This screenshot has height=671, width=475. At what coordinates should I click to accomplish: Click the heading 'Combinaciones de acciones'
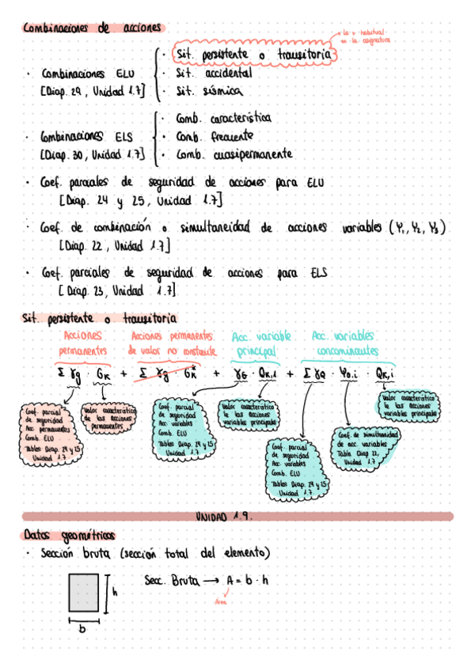[x=93, y=28]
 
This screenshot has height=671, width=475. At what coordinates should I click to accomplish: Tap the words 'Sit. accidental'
[x=215, y=73]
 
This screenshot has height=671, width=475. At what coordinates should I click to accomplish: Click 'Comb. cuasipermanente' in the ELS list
[x=234, y=154]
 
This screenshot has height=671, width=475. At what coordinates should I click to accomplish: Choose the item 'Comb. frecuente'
[x=215, y=136]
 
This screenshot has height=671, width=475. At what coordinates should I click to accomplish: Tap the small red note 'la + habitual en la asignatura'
[x=366, y=36]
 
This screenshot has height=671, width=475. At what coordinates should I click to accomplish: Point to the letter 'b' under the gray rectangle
[x=82, y=630]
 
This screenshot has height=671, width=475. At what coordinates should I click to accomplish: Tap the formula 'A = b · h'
[x=247, y=581]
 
